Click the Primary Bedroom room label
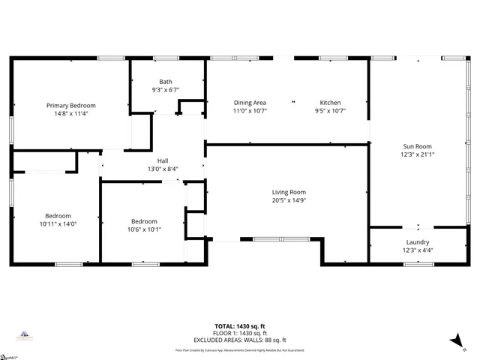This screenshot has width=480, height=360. (71, 106)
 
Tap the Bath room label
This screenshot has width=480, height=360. (165, 82)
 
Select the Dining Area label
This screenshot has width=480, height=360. (250, 103)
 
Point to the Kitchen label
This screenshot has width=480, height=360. (330, 103)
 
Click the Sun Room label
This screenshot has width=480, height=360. (417, 146)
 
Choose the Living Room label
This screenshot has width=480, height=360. (289, 192)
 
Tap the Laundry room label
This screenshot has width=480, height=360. (417, 241)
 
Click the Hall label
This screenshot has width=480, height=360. (163, 160)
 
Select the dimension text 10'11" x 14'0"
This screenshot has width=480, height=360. (58, 223)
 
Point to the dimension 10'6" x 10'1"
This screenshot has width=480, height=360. (144, 229)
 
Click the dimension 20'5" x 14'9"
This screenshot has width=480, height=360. (289, 200)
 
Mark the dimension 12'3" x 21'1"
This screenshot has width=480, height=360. (417, 154)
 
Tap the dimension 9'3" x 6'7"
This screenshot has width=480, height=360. (165, 90)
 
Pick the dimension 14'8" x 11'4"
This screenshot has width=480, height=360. (71, 114)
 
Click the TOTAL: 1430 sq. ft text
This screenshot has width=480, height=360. (239, 326)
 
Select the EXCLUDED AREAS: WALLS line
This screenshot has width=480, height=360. (239, 339)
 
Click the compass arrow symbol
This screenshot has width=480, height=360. (454, 340)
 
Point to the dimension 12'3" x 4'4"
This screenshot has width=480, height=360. (417, 250)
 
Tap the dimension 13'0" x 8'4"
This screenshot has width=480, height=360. (163, 169)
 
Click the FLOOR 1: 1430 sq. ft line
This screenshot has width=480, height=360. (239, 333)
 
